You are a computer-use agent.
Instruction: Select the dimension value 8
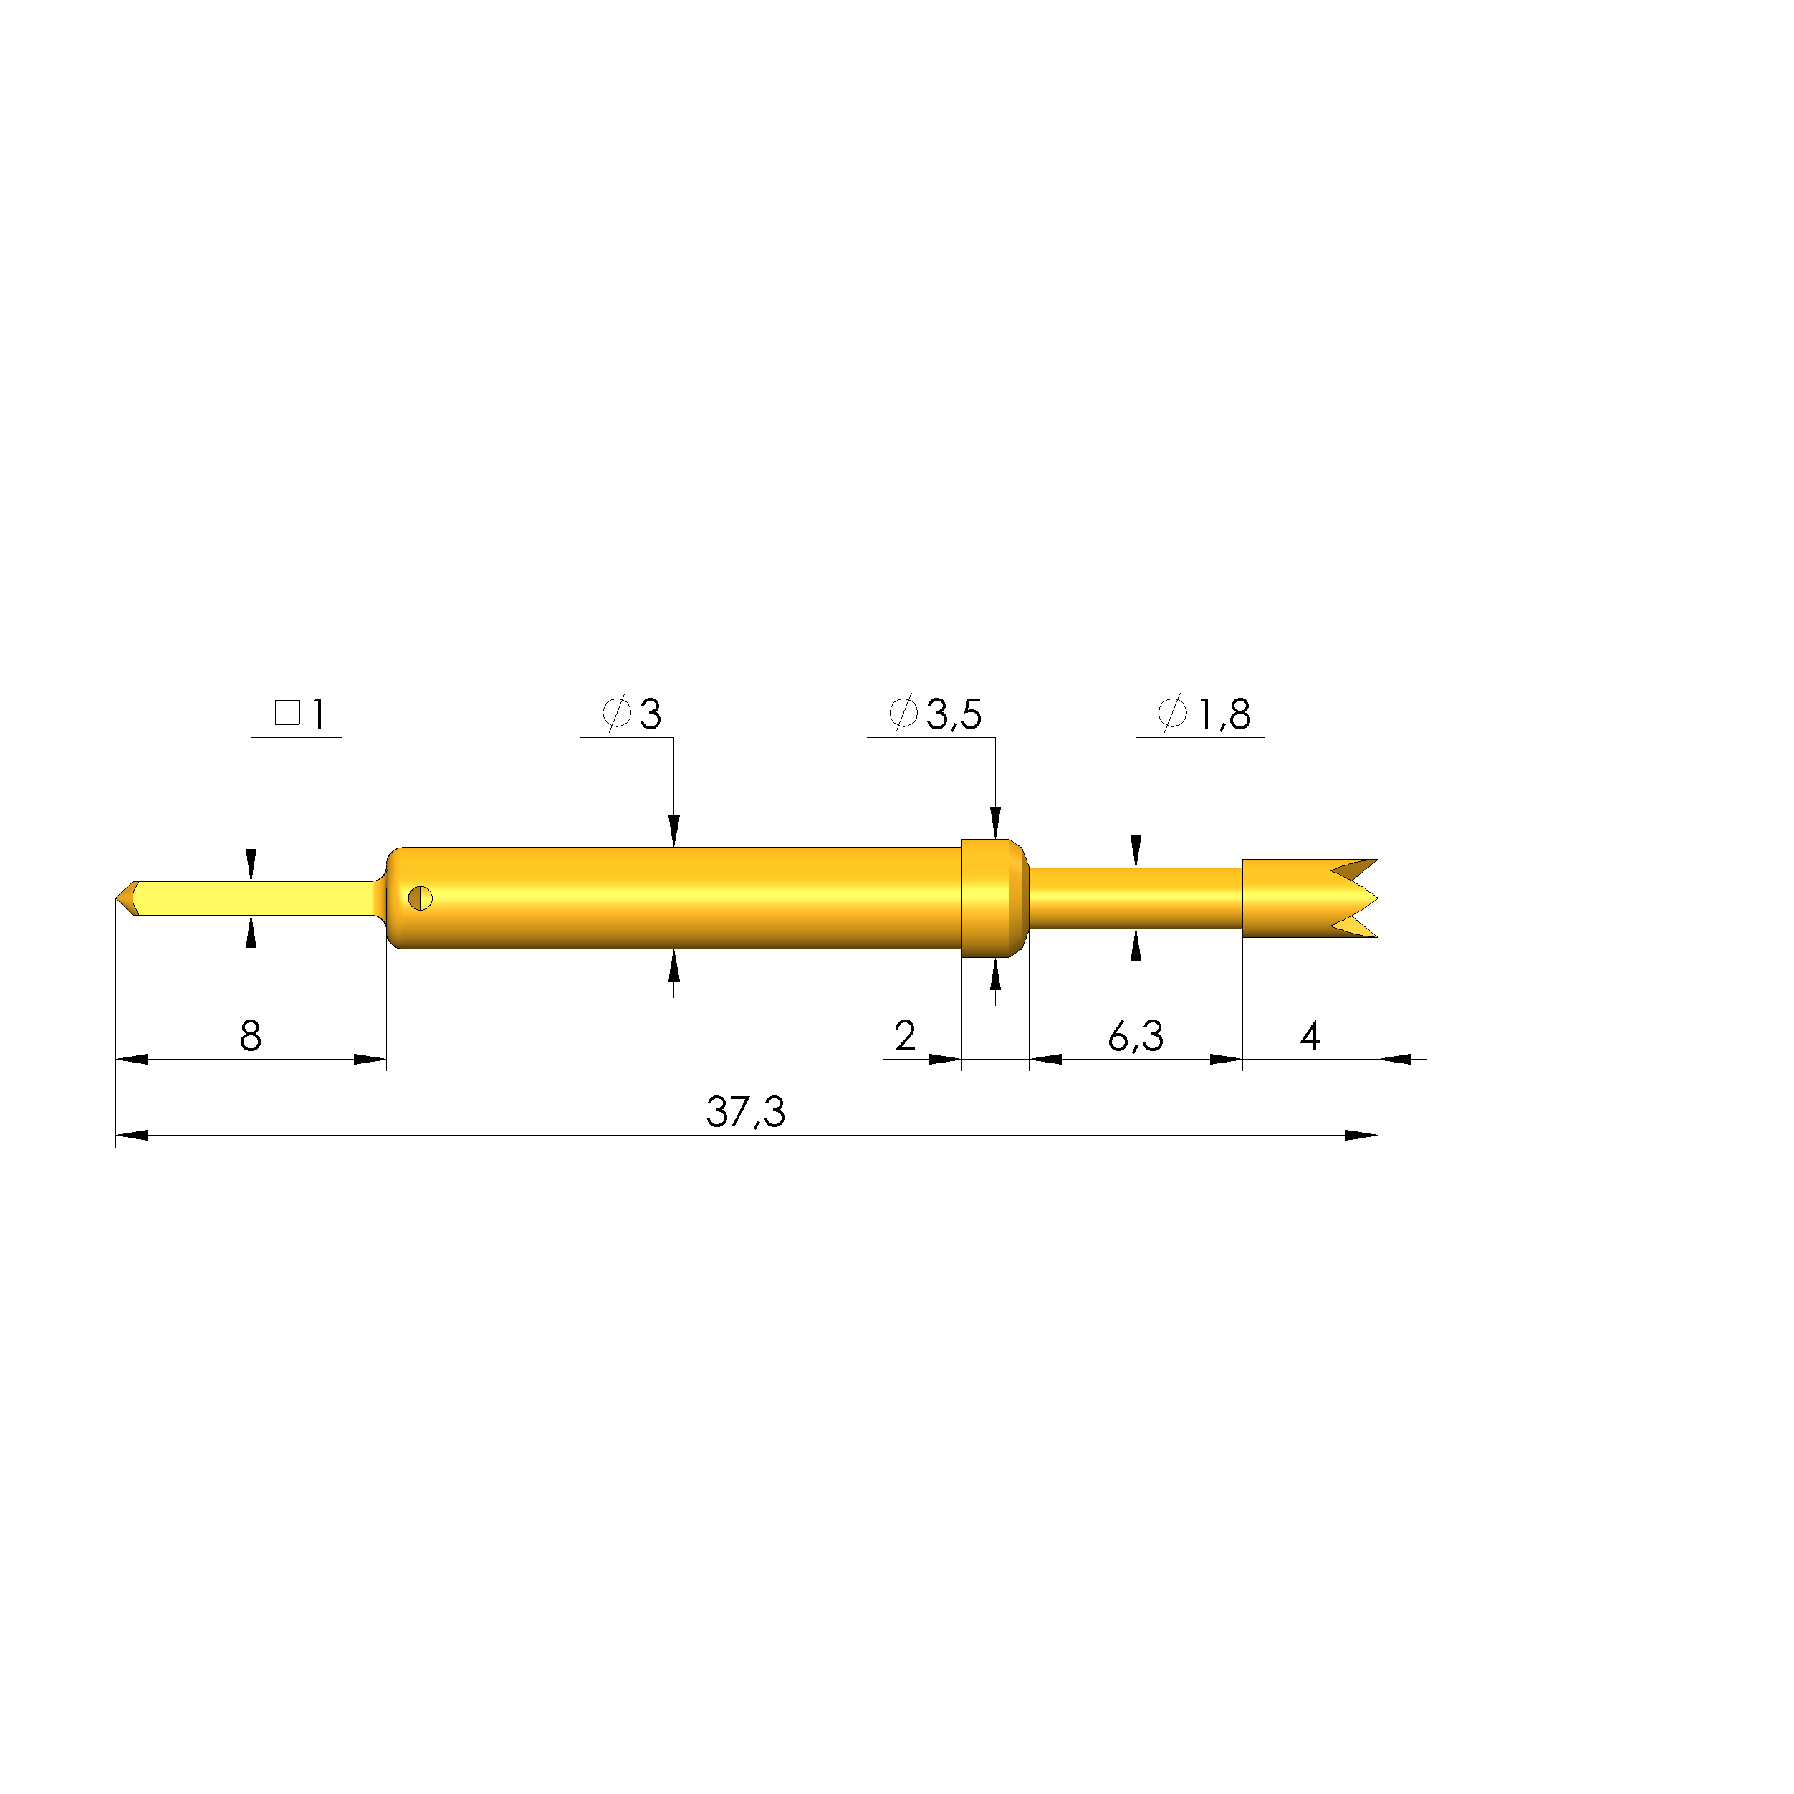(x=250, y=1035)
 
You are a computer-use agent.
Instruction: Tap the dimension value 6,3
(x=1135, y=1035)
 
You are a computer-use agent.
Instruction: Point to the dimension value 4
(x=1309, y=1035)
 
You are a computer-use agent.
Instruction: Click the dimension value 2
(x=904, y=1035)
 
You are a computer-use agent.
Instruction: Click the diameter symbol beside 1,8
(x=1172, y=712)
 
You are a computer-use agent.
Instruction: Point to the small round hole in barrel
(x=420, y=898)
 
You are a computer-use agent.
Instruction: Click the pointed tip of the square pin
(x=120, y=898)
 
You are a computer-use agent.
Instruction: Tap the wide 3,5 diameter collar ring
(x=989, y=898)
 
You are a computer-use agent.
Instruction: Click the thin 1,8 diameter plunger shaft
(x=1135, y=898)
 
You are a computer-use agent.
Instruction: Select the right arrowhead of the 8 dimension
(x=370, y=1060)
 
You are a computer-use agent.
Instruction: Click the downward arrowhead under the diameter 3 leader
(x=673, y=830)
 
